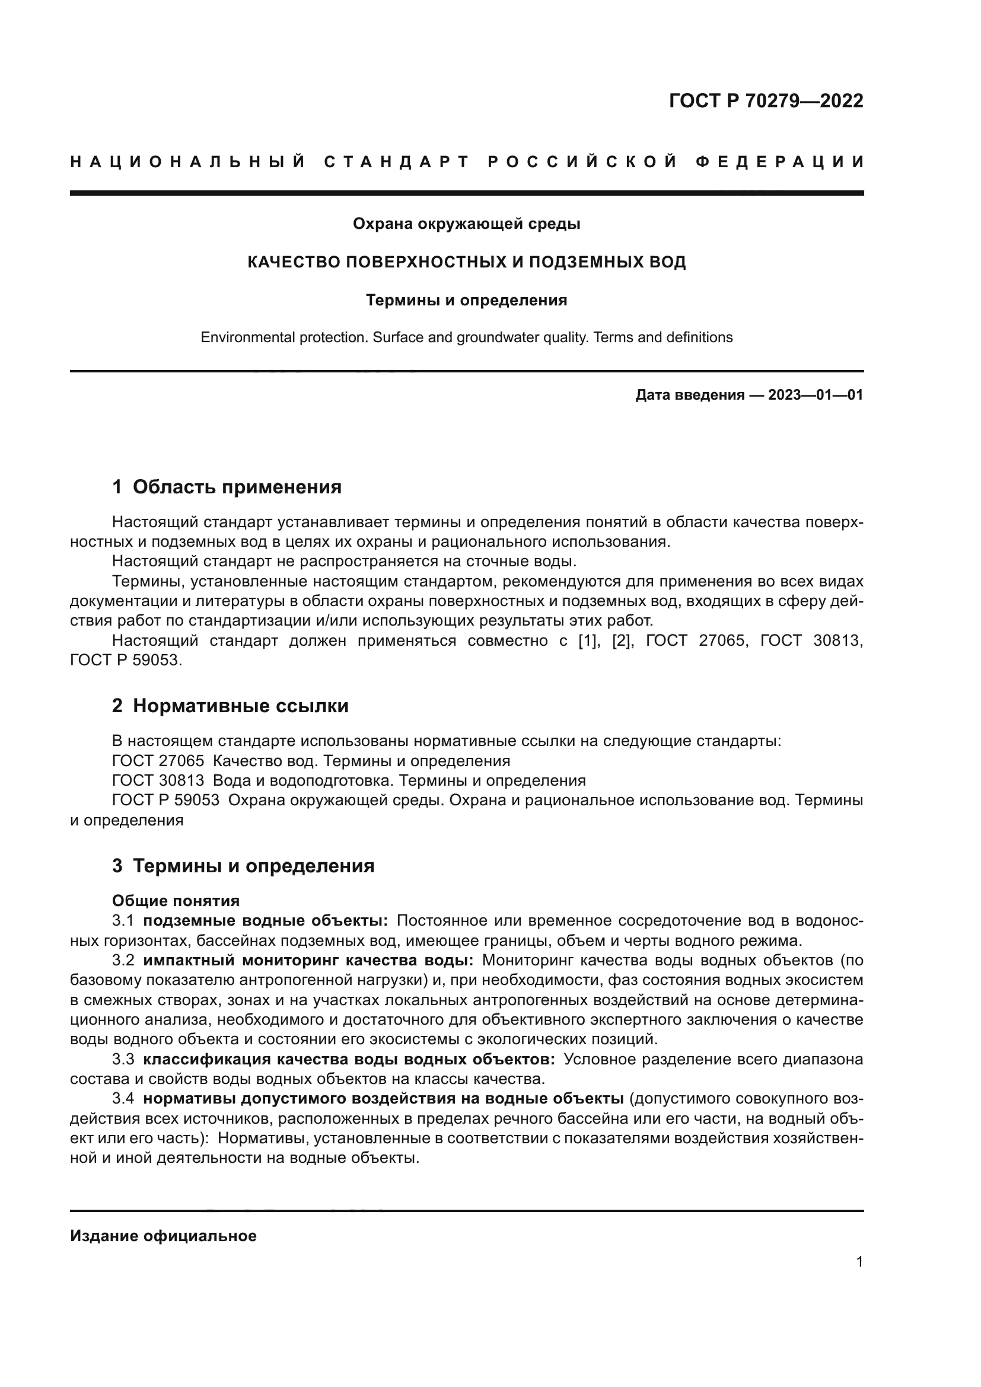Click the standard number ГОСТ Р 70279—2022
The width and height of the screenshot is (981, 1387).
[x=765, y=101]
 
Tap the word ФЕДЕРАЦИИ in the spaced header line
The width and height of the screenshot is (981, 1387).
[x=779, y=162]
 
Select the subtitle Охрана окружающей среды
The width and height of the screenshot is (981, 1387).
[x=466, y=224]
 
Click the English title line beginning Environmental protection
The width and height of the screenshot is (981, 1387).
[x=466, y=337]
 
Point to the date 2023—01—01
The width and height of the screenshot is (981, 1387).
[x=816, y=395]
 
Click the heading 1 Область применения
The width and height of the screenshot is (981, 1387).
[x=227, y=486]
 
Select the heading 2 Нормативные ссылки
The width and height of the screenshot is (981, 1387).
[x=230, y=705]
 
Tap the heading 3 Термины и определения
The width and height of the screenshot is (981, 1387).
[x=243, y=866]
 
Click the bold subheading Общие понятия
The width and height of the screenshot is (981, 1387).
[x=176, y=901]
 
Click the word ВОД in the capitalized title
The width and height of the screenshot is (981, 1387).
[x=667, y=262]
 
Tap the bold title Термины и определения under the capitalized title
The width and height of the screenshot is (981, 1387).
[x=466, y=300]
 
